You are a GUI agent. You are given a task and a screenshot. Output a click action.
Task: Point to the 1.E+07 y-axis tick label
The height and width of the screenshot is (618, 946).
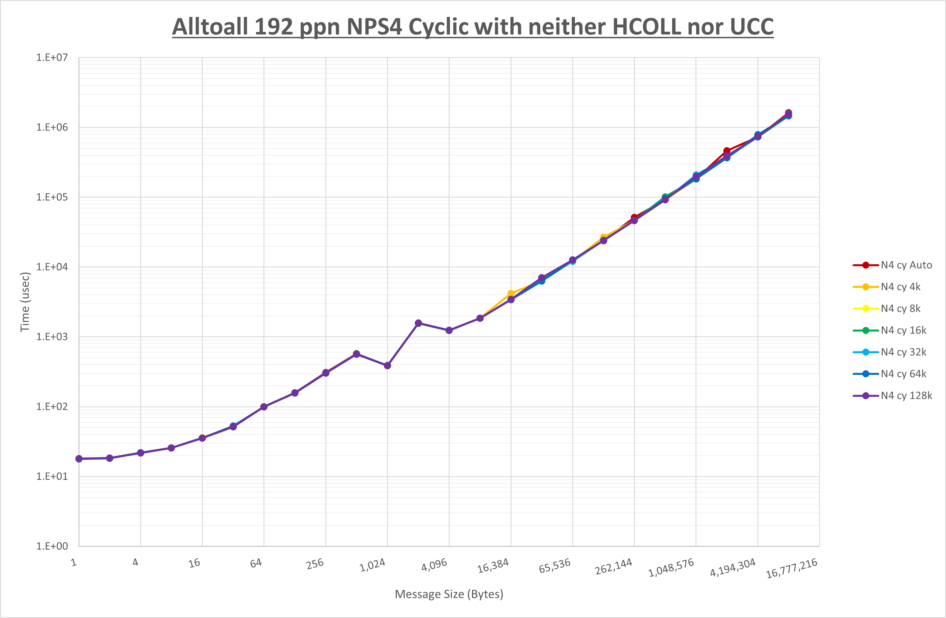coord(52,58)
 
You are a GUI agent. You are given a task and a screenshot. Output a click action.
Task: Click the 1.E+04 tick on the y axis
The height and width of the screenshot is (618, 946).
coord(52,267)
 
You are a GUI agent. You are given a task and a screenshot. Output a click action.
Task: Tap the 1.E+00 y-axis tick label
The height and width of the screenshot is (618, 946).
coord(52,546)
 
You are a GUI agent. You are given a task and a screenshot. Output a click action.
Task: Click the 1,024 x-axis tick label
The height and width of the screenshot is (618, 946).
coord(372,565)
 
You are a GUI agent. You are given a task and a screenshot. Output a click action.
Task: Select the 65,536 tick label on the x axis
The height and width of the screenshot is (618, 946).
coord(554,566)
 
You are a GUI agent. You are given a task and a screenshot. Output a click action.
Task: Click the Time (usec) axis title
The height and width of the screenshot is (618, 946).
coord(25,302)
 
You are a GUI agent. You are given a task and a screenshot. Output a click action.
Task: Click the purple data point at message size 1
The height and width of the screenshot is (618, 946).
coord(79,459)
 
